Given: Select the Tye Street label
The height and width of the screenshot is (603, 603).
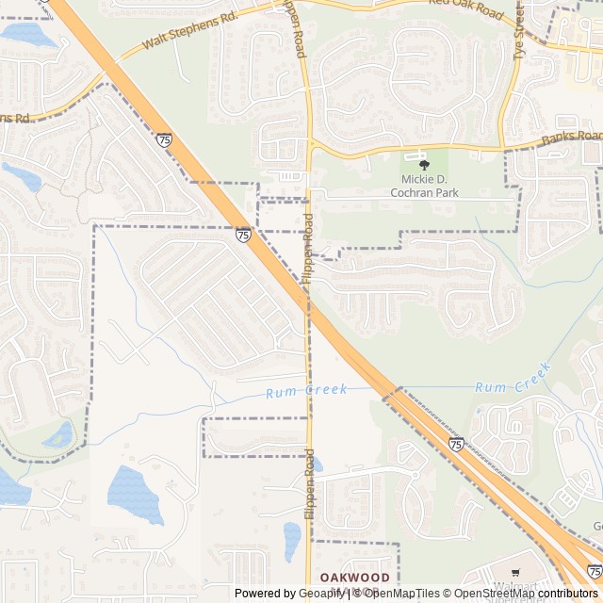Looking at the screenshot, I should point(518,36).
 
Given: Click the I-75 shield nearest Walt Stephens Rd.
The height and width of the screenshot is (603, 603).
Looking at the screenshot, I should point(165,139).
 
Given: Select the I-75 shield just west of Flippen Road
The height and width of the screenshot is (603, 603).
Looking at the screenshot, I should point(244,235).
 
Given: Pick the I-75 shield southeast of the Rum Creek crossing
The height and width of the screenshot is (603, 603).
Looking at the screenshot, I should point(456,443).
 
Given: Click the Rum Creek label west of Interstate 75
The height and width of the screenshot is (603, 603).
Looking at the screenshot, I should point(306,390).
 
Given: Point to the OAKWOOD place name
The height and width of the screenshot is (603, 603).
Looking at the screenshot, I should point(354,576).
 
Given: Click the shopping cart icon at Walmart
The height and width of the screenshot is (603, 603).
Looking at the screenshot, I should point(515,572).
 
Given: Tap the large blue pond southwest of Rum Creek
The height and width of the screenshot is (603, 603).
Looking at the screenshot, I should point(136,493).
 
